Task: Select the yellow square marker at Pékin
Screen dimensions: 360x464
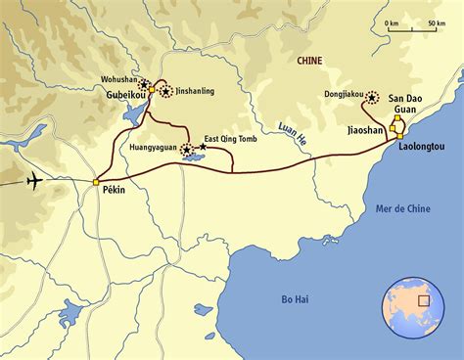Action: (x=95, y=182)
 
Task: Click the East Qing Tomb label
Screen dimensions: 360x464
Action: (x=233, y=139)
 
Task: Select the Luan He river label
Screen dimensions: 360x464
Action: (x=293, y=136)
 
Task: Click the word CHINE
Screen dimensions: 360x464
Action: (x=309, y=61)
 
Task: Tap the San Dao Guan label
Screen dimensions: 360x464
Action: (x=408, y=105)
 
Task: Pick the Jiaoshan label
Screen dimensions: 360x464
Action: (x=367, y=128)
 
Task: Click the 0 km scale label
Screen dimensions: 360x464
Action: (x=392, y=22)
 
